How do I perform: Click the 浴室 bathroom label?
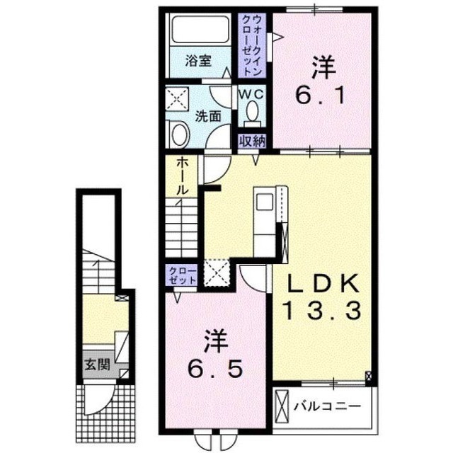198,62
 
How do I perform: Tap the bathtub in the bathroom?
200,30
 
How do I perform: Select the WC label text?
251,93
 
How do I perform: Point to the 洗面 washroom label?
208,116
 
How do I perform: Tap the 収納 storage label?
252,142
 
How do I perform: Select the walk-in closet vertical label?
253,45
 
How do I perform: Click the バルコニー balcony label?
328,407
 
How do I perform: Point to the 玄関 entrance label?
98,365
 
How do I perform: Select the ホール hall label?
183,176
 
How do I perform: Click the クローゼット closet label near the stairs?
183,275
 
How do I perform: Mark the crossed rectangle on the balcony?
282,406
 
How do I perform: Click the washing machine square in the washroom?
177,99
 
